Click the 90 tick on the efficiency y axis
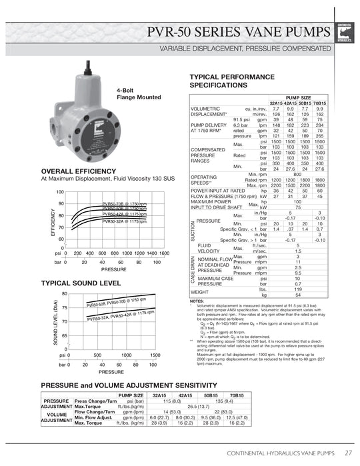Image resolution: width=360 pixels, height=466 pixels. click(x=61, y=204)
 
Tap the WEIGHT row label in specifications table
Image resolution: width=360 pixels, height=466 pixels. click(x=200, y=291)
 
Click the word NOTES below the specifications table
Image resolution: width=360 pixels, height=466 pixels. click(x=197, y=301)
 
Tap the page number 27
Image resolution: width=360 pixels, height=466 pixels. click(x=348, y=453)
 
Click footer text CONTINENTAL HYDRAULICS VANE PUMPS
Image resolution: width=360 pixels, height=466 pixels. click(x=281, y=453)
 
